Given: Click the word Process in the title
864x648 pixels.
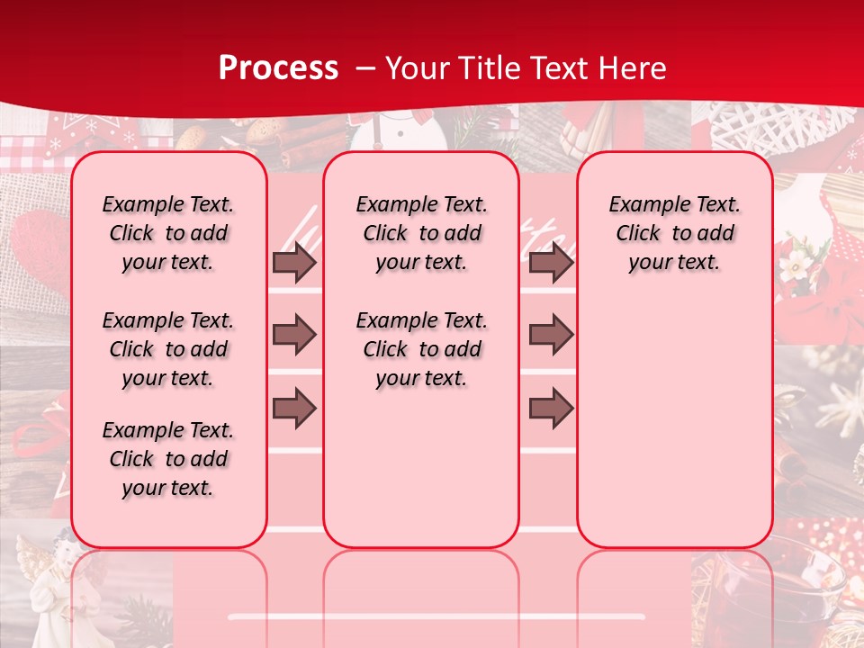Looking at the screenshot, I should [x=278, y=67].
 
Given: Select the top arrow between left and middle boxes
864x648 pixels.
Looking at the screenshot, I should [x=294, y=263].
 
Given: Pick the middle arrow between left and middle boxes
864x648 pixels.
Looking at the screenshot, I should [x=294, y=335].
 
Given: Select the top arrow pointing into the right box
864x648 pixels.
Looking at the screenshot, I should [x=551, y=263].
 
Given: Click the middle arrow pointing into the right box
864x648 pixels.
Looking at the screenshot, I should [x=551, y=335].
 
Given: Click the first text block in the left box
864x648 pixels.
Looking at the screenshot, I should [x=168, y=234].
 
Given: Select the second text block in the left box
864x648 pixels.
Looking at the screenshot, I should [x=168, y=349].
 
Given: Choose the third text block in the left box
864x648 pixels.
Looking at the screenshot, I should [x=168, y=459].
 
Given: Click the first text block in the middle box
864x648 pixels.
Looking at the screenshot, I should [x=421, y=234].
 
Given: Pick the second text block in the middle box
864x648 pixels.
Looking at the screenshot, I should [x=421, y=349].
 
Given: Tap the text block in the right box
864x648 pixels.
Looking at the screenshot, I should [x=674, y=234].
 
